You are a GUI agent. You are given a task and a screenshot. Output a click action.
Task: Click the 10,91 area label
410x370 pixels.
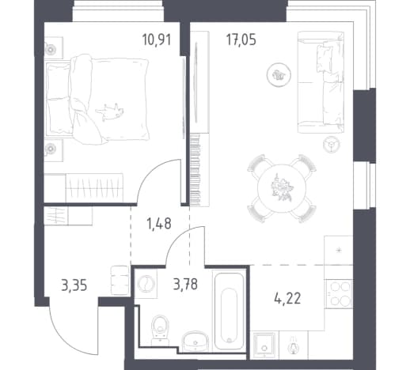pos(157,40)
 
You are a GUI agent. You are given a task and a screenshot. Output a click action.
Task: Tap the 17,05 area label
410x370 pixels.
pos(241,40)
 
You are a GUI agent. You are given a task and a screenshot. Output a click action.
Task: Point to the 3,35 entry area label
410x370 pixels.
pos(74,285)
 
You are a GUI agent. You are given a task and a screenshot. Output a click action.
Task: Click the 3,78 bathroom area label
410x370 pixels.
pos(185,284)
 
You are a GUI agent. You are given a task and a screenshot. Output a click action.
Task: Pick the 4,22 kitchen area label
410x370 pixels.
pos(287,299)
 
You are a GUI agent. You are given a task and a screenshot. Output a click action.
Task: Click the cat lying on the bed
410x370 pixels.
pos(110,111)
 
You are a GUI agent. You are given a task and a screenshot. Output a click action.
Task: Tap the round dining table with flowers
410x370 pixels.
pos(282,188)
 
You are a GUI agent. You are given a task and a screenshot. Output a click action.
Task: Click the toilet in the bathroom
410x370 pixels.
pos(160,330)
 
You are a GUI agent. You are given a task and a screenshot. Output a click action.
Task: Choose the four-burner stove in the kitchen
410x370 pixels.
pos(339,293)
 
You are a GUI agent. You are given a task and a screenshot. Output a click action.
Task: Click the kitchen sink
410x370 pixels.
pos(264,345)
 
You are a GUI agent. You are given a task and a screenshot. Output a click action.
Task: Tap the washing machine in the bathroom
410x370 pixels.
pos(146,284)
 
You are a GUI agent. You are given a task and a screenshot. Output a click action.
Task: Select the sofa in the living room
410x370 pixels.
pos(321,82)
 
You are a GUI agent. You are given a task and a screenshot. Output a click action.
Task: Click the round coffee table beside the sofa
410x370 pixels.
pos(279,74)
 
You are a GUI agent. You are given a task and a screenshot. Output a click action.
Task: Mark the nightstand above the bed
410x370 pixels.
pos(53,47)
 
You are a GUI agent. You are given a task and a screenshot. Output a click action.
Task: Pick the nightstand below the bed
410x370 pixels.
pos(53,150)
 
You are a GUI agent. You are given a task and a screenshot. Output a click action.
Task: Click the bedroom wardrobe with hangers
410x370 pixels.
pos(94,187)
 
